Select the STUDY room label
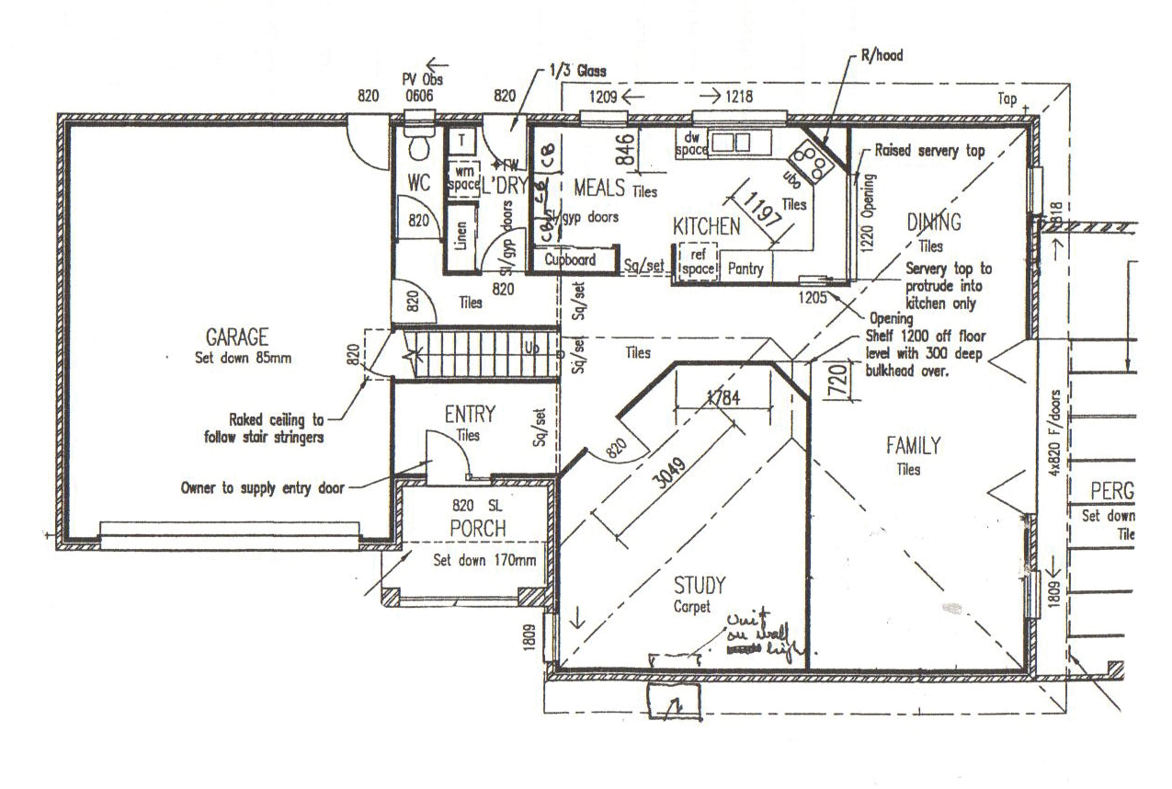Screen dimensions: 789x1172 pos(700,585)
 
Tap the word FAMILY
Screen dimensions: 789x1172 pos(913,447)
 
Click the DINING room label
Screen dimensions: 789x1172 pos(933,222)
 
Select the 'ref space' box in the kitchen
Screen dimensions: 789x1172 pos(696,261)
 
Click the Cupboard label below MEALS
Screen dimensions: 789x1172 pos(570,260)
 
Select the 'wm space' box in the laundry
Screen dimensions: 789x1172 pos(462,177)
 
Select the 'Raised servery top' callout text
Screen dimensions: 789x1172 pos(929,150)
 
